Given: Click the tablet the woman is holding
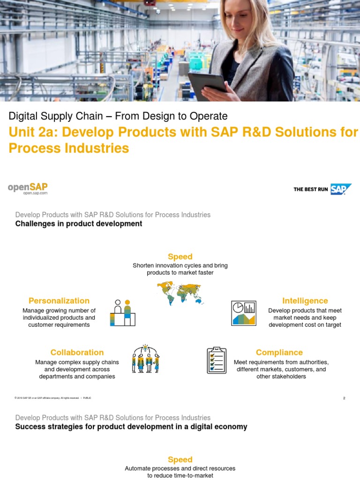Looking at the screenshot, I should click(x=206, y=84).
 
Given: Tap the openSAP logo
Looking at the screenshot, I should click(x=28, y=187).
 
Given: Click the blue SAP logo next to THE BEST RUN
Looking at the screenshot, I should click(x=340, y=189).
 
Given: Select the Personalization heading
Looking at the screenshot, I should click(x=59, y=301).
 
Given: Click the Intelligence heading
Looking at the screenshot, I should click(x=305, y=301).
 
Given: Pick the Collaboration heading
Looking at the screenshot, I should click(x=77, y=352).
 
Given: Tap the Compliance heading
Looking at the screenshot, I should click(x=279, y=352).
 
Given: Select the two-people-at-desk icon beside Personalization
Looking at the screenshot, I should click(x=122, y=313).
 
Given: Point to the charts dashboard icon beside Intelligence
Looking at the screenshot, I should click(x=244, y=313).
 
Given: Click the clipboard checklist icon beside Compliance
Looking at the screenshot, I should click(x=217, y=360).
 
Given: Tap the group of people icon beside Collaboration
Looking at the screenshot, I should click(x=146, y=359).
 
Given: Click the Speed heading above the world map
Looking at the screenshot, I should click(x=180, y=256).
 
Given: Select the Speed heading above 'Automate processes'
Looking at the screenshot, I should click(x=180, y=460).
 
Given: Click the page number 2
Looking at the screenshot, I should click(x=344, y=398).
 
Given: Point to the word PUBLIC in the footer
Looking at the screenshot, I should click(x=87, y=398).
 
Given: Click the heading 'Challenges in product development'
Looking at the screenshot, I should click(x=78, y=224).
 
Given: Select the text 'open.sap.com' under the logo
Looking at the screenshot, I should click(x=35, y=193).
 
